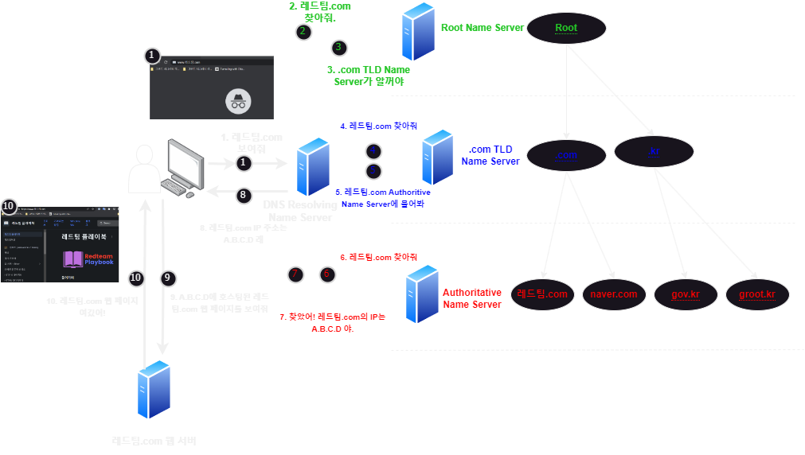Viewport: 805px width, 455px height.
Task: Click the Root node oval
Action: pyautogui.click(x=566, y=28)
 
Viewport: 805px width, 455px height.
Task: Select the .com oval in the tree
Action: pyautogui.click(x=566, y=155)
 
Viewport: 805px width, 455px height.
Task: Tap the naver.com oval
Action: pyautogui.click(x=614, y=294)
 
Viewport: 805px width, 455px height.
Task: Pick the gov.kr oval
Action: pyautogui.click(x=685, y=294)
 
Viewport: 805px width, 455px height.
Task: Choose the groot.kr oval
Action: pyautogui.click(x=756, y=294)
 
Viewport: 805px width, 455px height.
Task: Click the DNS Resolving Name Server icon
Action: pyautogui.click(x=312, y=166)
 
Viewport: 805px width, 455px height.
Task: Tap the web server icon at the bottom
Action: pyautogui.click(x=154, y=389)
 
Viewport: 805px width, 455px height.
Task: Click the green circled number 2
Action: pyautogui.click(x=303, y=32)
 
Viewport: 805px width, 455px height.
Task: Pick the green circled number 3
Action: pyautogui.click(x=338, y=48)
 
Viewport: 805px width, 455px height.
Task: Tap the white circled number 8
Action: pyautogui.click(x=244, y=193)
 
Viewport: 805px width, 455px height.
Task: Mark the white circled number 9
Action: pyautogui.click(x=166, y=278)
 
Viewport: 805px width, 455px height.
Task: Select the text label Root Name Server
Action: pyautogui.click(x=483, y=28)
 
